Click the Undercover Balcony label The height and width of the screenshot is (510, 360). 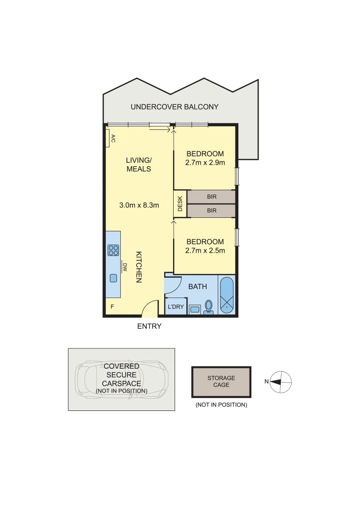tap(175, 107)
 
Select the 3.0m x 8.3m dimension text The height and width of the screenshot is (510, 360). tap(139, 205)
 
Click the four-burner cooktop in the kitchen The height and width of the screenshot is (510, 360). tap(113, 250)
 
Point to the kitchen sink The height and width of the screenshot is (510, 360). tap(113, 278)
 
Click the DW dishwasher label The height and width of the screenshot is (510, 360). tap(125, 267)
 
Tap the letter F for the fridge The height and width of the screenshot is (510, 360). tap(112, 307)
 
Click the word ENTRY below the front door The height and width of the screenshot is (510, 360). tap(149, 326)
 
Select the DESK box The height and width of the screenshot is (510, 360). tap(180, 204)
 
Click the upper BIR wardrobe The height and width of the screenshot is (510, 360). tap(211, 196)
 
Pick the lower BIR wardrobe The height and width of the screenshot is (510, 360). tap(211, 211)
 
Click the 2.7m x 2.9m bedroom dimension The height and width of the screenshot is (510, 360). tap(205, 162)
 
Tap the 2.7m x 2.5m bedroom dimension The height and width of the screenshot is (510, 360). tap(205, 250)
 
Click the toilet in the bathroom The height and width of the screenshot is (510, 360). tap(209, 307)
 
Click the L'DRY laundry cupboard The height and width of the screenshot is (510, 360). tap(176, 307)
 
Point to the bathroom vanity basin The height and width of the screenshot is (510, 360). tap(194, 310)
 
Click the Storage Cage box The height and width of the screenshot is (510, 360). tap(221, 382)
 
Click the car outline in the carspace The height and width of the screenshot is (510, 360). tap(122, 379)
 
